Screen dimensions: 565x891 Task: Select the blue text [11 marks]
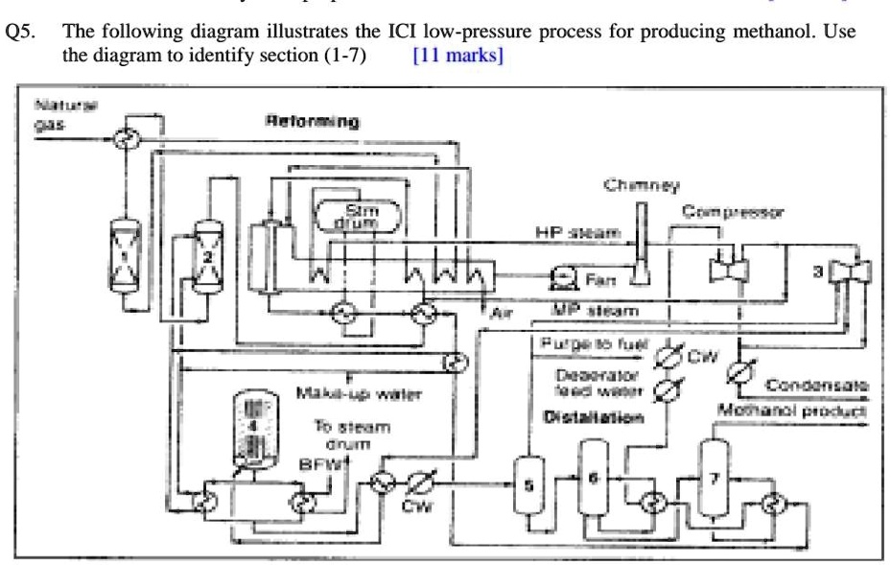click(x=457, y=56)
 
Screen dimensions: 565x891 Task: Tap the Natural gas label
click(x=57, y=116)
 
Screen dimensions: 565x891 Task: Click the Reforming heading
click(x=312, y=122)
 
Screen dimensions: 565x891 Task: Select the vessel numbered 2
click(x=207, y=257)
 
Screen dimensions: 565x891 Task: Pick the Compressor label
click(x=734, y=210)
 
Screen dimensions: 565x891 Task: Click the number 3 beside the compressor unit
click(x=818, y=272)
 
